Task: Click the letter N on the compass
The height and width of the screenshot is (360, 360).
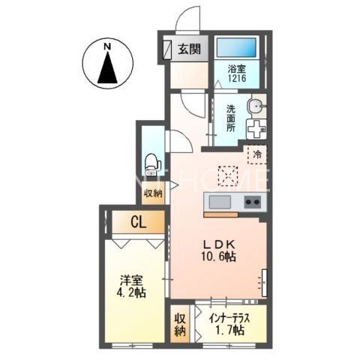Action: pyautogui.click(x=107, y=46)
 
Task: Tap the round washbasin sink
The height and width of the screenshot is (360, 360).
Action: pyautogui.click(x=256, y=106)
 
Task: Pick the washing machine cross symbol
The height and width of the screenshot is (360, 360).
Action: pyautogui.click(x=256, y=129)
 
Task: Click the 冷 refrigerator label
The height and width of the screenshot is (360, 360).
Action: pyautogui.click(x=257, y=155)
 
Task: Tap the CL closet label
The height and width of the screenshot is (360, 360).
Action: pyautogui.click(x=138, y=222)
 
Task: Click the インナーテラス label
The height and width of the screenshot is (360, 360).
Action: pyautogui.click(x=228, y=317)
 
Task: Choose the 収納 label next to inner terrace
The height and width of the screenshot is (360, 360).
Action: pyautogui.click(x=181, y=324)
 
